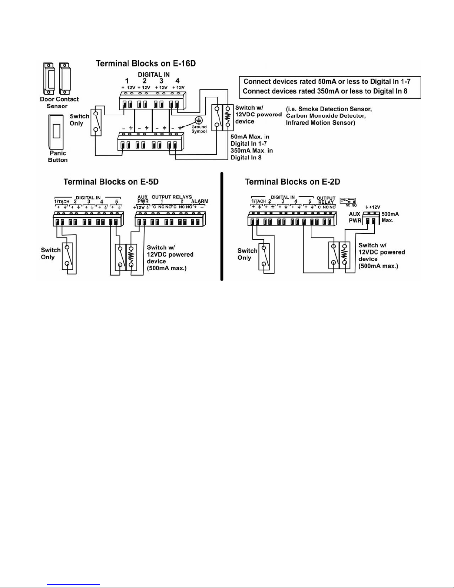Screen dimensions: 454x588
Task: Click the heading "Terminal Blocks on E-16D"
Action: coord(146,63)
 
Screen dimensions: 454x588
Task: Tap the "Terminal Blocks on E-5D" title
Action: coord(111,182)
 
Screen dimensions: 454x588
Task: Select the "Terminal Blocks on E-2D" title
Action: coord(292,182)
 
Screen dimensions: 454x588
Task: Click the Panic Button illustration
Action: coord(56,132)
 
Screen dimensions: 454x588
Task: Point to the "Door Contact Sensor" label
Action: coord(59,102)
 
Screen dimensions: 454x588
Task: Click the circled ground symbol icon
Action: coord(199,121)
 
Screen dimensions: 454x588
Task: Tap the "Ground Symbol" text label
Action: coord(199,129)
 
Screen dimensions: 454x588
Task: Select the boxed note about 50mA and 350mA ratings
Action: coord(330,87)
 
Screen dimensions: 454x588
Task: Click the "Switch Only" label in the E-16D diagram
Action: coord(79,119)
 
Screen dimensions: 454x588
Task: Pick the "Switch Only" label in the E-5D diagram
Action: coord(50,253)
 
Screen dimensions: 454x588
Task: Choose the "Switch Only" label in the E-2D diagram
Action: coord(247,254)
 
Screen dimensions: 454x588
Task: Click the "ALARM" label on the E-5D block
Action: coord(200,201)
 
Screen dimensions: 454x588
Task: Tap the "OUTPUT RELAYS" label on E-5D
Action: coord(172,197)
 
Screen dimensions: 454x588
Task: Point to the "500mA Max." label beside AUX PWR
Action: coord(390,217)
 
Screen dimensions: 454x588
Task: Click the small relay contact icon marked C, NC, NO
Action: coord(348,201)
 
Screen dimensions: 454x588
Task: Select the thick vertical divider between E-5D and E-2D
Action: coord(222,226)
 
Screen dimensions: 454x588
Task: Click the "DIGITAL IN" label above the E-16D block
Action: coord(154,75)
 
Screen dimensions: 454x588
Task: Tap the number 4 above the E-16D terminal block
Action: coord(178,81)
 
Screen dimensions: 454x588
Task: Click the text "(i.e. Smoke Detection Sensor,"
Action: coord(329,109)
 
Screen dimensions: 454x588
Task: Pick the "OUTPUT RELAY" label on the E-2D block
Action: coord(326,200)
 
